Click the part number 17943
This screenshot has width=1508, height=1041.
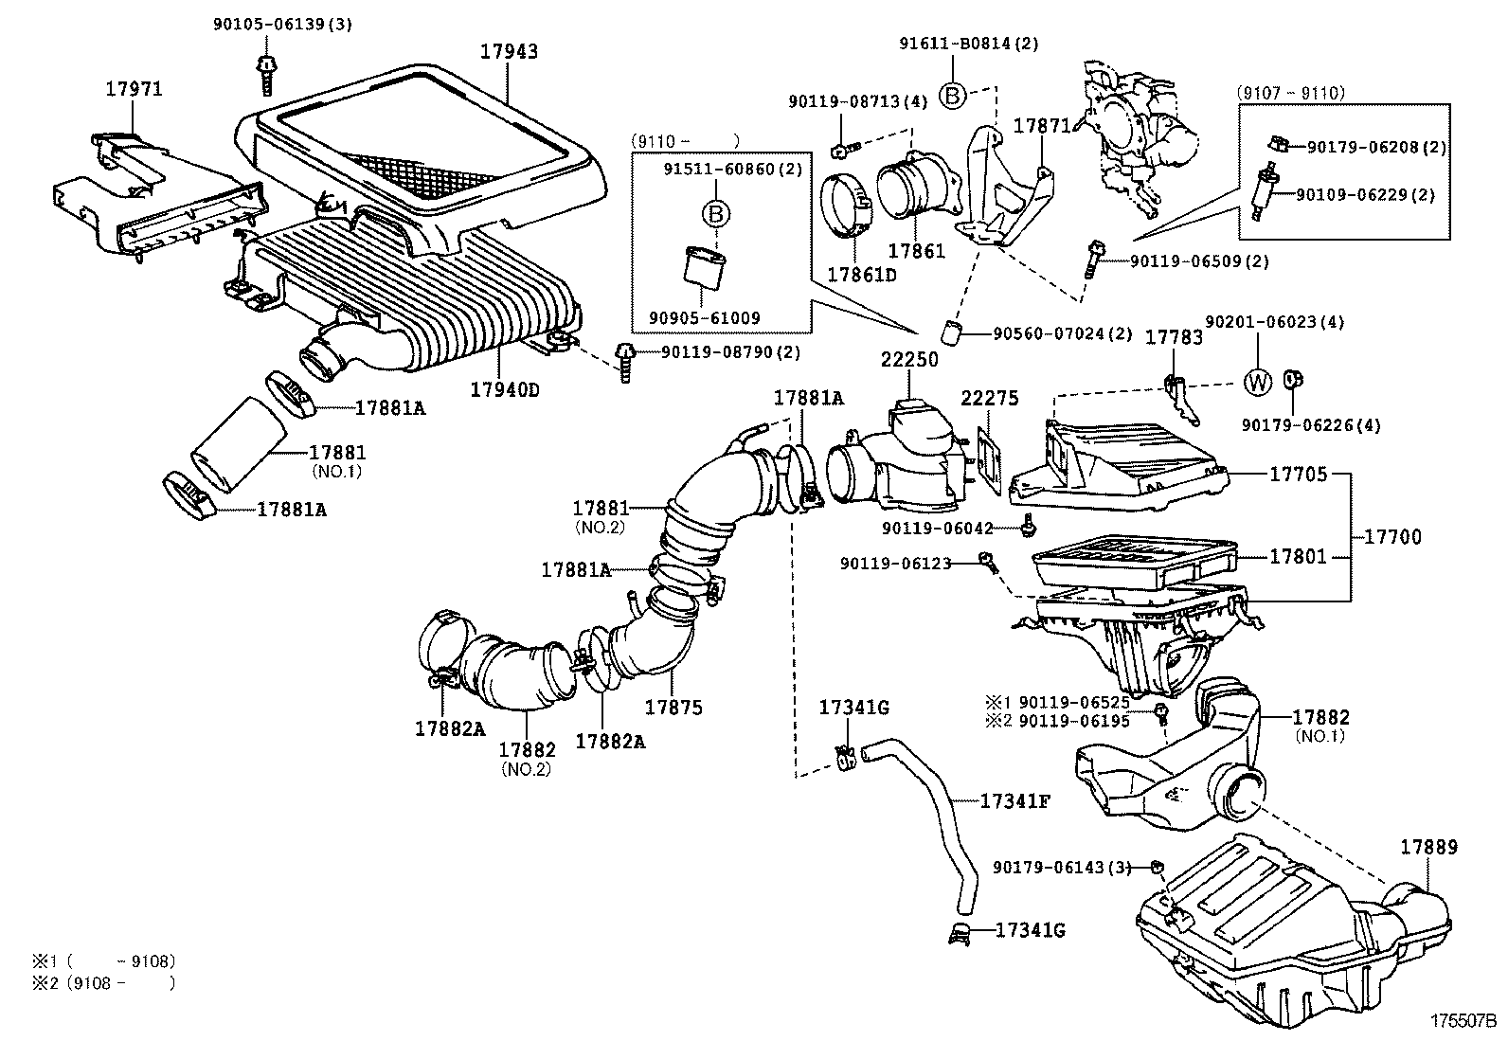point(508,51)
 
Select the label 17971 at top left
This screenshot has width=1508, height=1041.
point(133,89)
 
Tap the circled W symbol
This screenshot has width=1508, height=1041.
point(1257,382)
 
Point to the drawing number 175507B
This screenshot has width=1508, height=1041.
point(1463,1022)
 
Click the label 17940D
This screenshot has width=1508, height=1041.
point(504,389)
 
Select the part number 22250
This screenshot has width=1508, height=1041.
point(909,359)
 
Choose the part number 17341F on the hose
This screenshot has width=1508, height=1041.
point(1014,801)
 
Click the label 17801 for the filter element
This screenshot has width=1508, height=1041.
point(1298,557)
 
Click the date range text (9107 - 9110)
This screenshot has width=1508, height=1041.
point(1290,93)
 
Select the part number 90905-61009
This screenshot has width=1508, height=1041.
point(710,318)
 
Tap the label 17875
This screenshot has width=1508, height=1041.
point(673,707)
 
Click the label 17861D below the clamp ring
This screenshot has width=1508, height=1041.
point(861,275)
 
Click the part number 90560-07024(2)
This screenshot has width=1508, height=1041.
point(1063,333)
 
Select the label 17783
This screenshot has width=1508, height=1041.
point(1175,337)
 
